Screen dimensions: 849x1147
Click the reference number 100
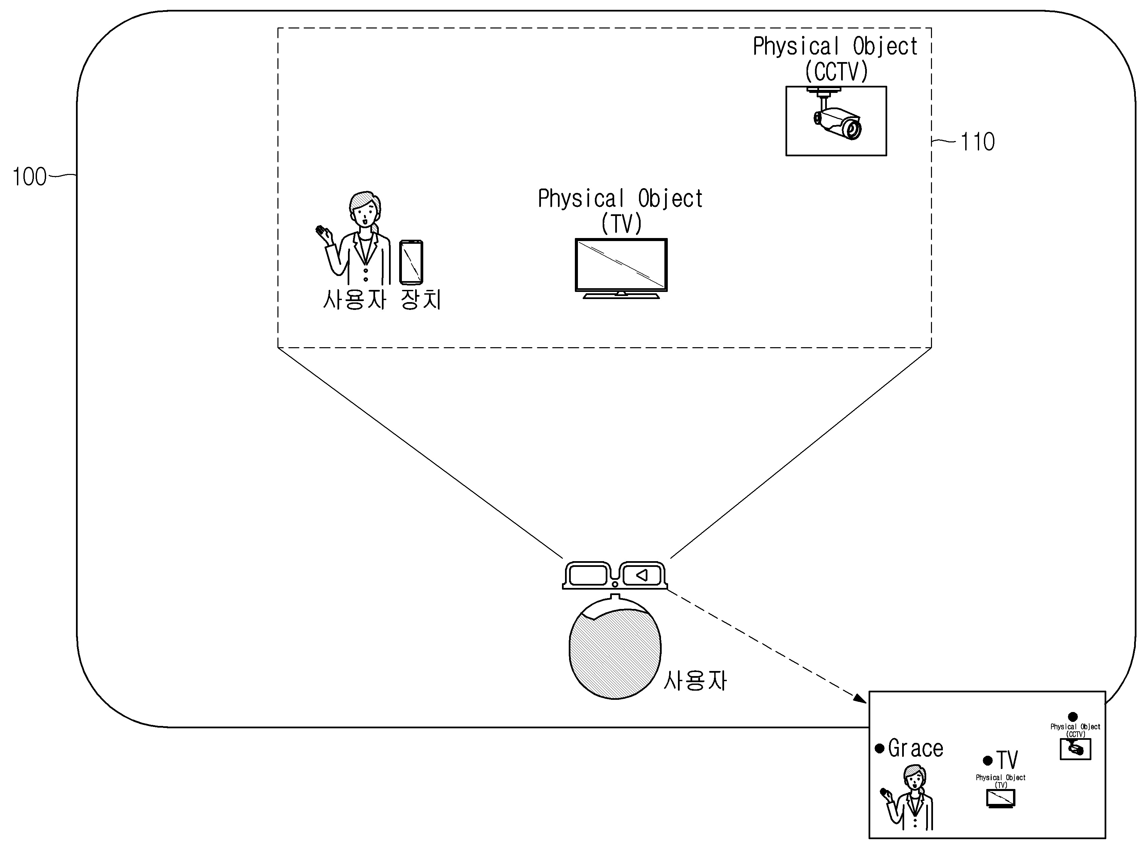click(x=29, y=177)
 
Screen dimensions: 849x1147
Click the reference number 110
click(x=977, y=142)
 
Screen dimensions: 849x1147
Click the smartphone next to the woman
click(x=411, y=262)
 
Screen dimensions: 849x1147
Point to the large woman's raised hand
click(x=323, y=234)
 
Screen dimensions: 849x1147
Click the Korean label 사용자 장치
click(x=382, y=299)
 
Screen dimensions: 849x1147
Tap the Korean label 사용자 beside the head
click(x=695, y=680)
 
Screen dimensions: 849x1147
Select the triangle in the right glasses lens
click(x=642, y=575)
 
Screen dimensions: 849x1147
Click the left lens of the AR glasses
click(x=588, y=575)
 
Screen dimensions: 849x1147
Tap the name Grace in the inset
click(x=916, y=749)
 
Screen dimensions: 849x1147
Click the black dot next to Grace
click(x=880, y=749)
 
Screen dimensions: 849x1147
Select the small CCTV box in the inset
click(x=1075, y=749)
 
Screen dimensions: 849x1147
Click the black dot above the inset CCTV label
click(x=1072, y=717)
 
